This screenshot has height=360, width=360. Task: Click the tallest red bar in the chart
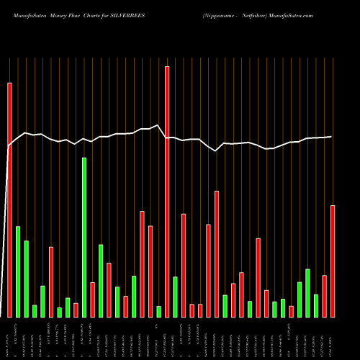tap(167, 192)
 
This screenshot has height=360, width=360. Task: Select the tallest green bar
tap(84, 238)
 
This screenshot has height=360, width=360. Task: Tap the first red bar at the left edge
tap(9, 199)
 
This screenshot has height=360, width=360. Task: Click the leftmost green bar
tap(18, 271)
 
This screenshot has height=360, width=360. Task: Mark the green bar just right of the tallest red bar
tap(175, 297)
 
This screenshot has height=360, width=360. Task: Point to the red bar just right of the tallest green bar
tap(93, 300)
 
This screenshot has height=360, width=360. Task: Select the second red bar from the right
tap(324, 296)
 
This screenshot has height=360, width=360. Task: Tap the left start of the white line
tap(9, 146)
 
